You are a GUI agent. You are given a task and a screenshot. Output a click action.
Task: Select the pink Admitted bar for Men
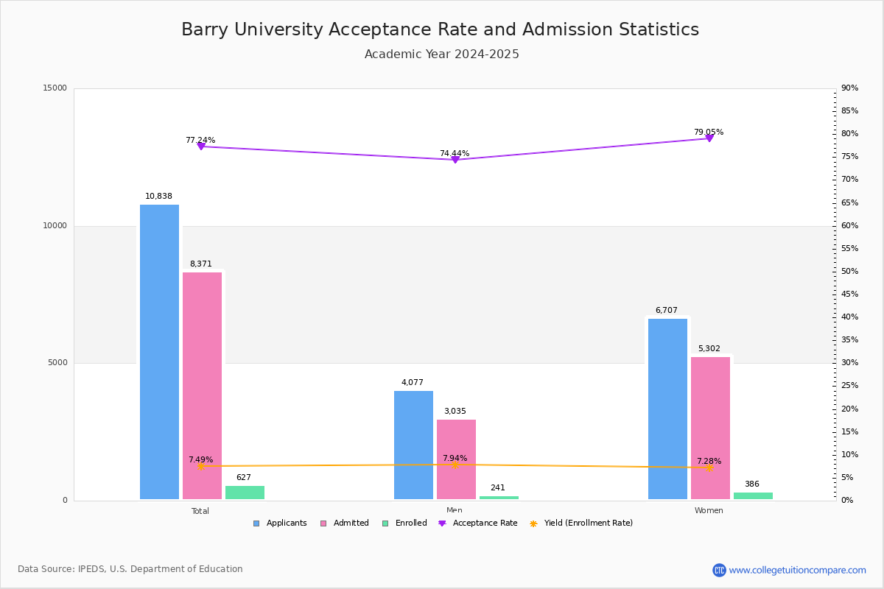[x=456, y=459]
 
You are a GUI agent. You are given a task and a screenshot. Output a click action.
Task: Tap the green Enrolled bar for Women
[x=753, y=496]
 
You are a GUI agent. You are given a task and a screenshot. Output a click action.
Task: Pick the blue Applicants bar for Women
[x=667, y=409]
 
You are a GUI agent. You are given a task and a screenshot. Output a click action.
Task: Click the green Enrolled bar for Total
[x=245, y=493]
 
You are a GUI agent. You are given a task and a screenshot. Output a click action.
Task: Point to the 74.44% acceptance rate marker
[x=455, y=160]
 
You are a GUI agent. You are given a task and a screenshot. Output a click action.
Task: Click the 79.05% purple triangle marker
[x=709, y=138]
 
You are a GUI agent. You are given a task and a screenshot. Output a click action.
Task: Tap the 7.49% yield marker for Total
[x=201, y=466]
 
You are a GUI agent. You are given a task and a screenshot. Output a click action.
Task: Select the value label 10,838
[x=158, y=197]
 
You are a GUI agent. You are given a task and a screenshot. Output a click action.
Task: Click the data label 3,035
[x=455, y=412]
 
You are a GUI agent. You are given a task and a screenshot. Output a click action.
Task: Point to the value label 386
[x=751, y=484]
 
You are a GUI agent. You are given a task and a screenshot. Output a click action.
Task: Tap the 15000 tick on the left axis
[x=55, y=88]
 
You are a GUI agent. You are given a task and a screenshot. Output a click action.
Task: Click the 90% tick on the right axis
[x=849, y=88]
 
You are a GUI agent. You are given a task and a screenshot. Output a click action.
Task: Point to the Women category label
[x=709, y=511]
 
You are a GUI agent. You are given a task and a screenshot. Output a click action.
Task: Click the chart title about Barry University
[x=440, y=29]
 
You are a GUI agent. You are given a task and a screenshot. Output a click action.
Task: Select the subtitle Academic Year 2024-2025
[x=441, y=54]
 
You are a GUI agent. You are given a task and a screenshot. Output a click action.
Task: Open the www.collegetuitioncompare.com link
[x=797, y=570]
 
